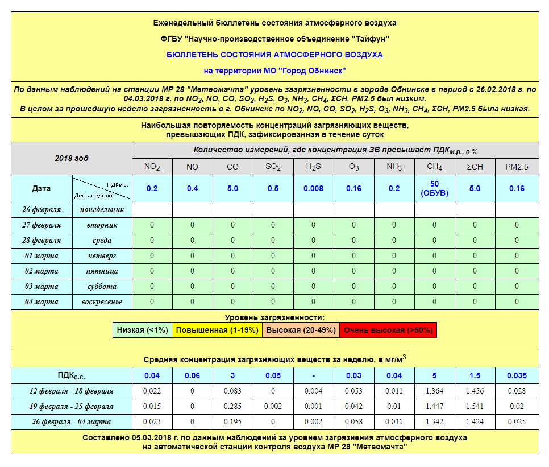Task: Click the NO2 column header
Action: (x=152, y=167)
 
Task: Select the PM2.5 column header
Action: (x=517, y=167)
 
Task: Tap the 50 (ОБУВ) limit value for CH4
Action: (x=435, y=188)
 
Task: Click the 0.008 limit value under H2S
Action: (x=313, y=188)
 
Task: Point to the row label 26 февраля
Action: (x=41, y=209)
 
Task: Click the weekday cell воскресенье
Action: (x=102, y=301)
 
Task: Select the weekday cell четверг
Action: (x=102, y=255)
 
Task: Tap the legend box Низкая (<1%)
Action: (x=142, y=330)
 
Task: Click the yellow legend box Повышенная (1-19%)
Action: (x=217, y=330)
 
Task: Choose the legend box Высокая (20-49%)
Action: (x=301, y=330)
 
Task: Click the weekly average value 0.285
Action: (x=232, y=407)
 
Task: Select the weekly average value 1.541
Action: (x=475, y=407)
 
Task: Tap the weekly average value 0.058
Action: (x=353, y=422)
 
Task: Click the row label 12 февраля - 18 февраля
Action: (x=72, y=391)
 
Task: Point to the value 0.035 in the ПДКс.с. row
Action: (x=517, y=375)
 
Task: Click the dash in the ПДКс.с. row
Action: (x=313, y=375)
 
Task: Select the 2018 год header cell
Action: (x=72, y=159)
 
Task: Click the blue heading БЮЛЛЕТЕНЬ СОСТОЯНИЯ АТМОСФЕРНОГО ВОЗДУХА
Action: (x=274, y=55)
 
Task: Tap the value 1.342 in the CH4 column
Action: (x=435, y=422)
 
